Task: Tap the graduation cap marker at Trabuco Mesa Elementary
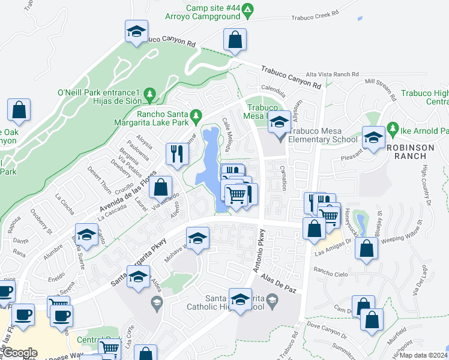(278, 123)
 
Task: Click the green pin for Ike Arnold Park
(393, 128)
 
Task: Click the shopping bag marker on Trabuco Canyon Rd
(235, 40)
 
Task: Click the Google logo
(20, 353)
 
